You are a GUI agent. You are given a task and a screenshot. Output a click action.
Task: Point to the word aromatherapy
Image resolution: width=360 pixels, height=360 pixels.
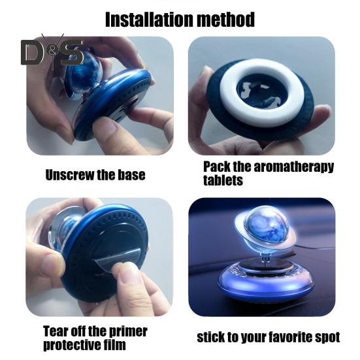click(293, 167)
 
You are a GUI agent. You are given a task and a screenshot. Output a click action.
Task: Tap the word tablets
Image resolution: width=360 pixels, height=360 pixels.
click(223, 180)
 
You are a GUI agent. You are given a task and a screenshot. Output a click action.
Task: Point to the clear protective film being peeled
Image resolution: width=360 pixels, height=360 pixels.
click(117, 260)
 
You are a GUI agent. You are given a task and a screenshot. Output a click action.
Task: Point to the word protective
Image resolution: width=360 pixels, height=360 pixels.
click(72, 345)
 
